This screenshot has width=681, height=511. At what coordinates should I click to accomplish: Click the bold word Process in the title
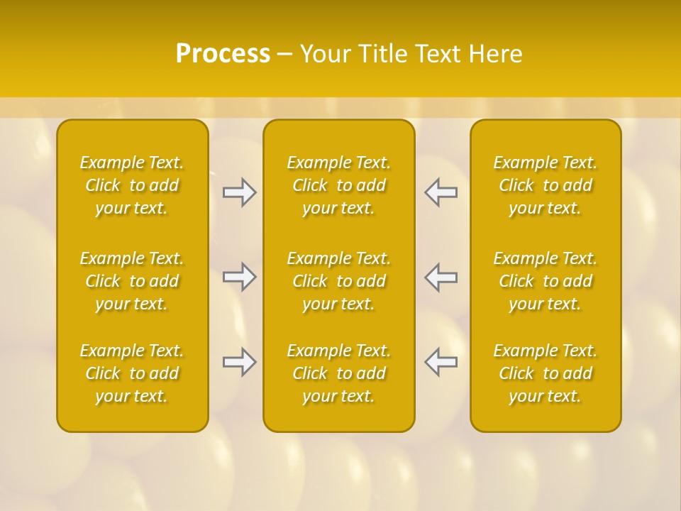click(x=223, y=54)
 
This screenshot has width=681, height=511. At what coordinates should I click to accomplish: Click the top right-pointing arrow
click(x=239, y=192)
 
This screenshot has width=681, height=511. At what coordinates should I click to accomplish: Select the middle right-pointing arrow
click(x=239, y=277)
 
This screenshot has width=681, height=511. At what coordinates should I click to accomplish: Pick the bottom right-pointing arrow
click(x=239, y=362)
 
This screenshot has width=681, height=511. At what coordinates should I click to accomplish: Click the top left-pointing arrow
click(x=441, y=192)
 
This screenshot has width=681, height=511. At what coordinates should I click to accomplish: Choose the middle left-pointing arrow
click(x=441, y=277)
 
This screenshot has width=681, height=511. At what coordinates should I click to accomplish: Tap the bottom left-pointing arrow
click(x=441, y=362)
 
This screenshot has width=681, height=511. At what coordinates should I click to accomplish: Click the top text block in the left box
click(x=132, y=185)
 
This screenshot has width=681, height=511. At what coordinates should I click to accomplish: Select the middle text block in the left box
click(x=132, y=281)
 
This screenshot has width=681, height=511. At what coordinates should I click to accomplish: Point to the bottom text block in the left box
click(x=132, y=373)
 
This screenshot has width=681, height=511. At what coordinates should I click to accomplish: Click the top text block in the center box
click(x=339, y=185)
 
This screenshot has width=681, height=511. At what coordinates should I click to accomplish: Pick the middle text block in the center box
click(x=339, y=281)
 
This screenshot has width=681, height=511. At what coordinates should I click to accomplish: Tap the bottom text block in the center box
click(x=339, y=373)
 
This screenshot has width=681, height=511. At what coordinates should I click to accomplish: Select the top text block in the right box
click(x=546, y=185)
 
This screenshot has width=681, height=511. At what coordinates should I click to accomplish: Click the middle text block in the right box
click(x=546, y=281)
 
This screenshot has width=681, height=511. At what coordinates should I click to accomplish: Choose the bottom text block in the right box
click(x=546, y=373)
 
